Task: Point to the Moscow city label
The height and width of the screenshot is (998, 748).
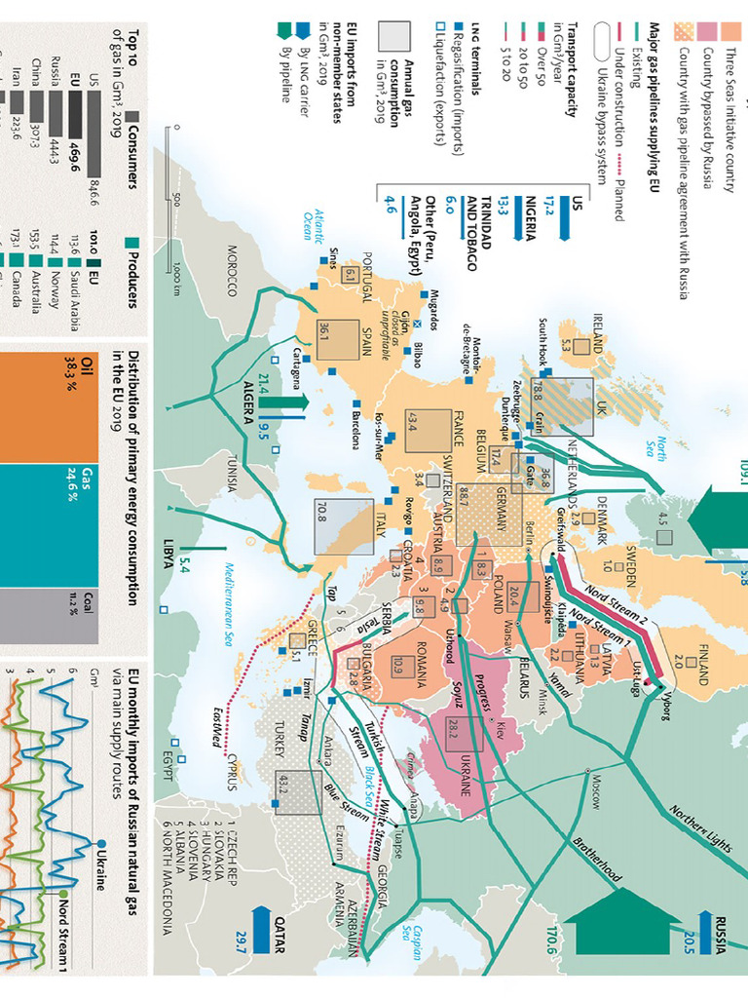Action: [x=591, y=786]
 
